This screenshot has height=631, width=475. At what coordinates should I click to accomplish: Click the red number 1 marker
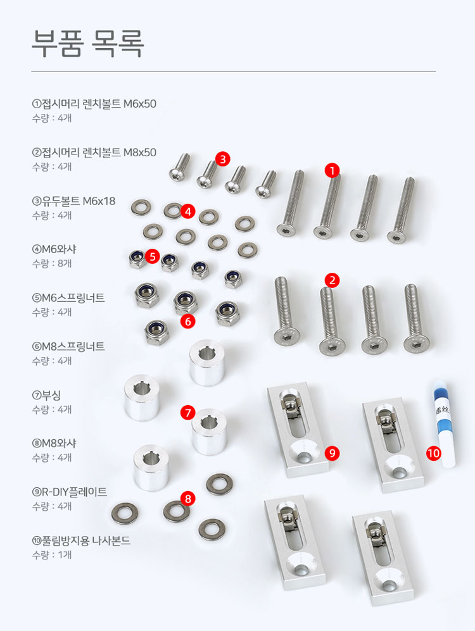(332, 171)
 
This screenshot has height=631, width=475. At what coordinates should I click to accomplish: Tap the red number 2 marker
(332, 280)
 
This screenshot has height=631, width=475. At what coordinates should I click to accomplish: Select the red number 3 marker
(222, 159)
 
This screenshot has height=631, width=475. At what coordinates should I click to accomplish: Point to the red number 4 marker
(188, 211)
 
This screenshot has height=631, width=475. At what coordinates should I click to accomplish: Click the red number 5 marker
(152, 256)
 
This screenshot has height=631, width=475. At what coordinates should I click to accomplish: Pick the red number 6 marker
(188, 321)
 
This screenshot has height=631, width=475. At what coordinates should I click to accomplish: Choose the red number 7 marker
(188, 413)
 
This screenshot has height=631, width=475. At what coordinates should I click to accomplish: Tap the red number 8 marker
(188, 499)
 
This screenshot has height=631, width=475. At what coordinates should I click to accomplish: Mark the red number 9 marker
(332, 453)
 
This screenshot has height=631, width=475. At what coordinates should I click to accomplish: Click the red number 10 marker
(434, 453)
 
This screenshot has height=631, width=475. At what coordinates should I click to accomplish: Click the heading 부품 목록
(88, 44)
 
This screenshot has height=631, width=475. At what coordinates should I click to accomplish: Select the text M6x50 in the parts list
(140, 104)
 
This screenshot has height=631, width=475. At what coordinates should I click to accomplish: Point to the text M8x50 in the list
(140, 153)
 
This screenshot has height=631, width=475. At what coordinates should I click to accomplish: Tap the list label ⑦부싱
(46, 395)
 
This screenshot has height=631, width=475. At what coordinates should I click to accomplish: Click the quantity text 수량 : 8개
(52, 263)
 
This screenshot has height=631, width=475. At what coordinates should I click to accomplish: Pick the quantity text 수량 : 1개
(52, 554)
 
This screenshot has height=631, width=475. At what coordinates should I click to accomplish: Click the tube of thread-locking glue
(444, 424)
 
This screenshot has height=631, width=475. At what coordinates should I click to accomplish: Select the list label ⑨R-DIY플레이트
(70, 492)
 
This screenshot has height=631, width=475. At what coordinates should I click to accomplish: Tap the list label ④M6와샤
(54, 249)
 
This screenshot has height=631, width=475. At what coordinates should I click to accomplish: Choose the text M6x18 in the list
(99, 201)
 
